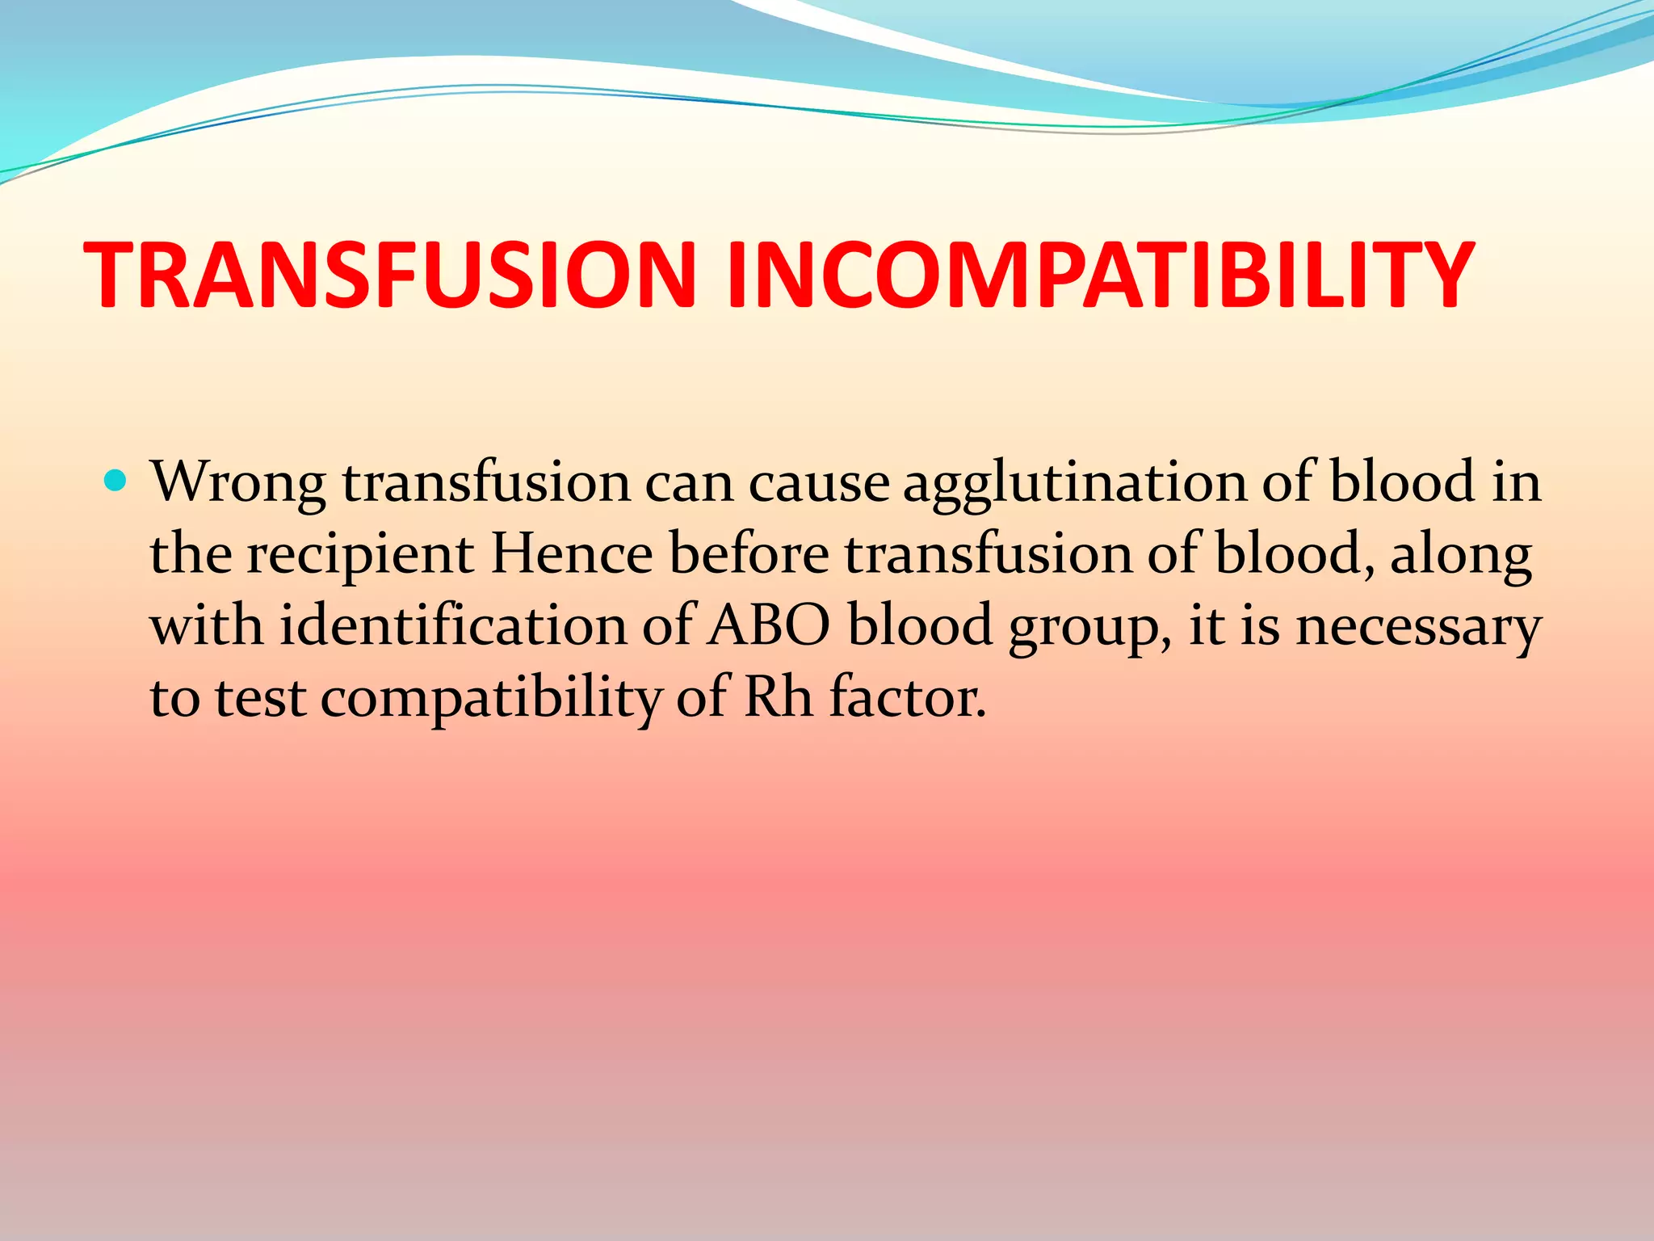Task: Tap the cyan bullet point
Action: click(116, 482)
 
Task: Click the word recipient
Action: click(360, 556)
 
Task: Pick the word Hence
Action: click(572, 554)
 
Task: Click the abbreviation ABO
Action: click(769, 626)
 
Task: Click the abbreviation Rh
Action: click(778, 697)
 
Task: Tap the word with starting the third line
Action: click(207, 626)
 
